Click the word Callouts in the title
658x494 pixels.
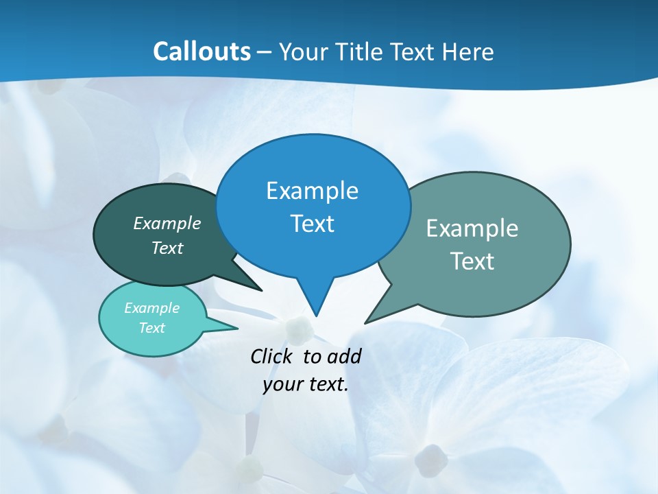pos(202,52)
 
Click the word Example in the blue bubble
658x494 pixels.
pos(312,191)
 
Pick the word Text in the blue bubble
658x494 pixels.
pos(312,224)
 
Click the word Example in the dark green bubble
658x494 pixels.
pos(167,224)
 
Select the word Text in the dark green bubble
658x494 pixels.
pos(167,248)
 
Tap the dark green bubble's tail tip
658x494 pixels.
pos(261,290)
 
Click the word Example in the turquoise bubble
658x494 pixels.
pos(151,308)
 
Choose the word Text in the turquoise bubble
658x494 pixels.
pos(151,328)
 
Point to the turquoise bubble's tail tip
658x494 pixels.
pos(237,329)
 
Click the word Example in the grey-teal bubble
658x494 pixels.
pos(472,228)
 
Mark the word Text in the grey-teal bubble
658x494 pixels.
pos(472,261)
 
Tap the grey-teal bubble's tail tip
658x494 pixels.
pos(365,322)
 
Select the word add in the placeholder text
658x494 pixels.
pos(344,356)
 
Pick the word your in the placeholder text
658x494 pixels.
pos(281,384)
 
